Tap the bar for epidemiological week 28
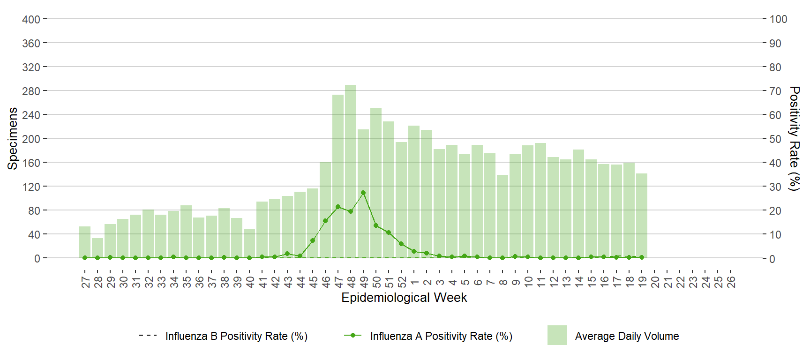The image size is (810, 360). [x=97, y=248]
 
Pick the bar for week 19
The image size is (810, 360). [x=642, y=216]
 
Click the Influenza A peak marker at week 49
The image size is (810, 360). [x=363, y=193]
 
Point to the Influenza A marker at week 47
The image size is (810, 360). [x=338, y=207]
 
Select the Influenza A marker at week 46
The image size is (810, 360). [x=325, y=221]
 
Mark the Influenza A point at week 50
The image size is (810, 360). [x=376, y=225]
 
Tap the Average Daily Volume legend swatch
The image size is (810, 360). [x=557, y=335]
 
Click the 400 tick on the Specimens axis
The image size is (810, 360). [x=31, y=19]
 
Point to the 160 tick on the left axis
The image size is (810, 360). [x=31, y=163]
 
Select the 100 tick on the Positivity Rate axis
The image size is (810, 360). [x=778, y=19]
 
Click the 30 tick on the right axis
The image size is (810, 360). [x=775, y=187]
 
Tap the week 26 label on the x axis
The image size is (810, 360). [x=731, y=282]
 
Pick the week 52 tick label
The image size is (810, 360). [x=402, y=282]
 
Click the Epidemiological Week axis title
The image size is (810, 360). [x=404, y=298]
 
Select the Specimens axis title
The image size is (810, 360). [x=13, y=138]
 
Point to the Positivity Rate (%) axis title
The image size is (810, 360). [x=794, y=138]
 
